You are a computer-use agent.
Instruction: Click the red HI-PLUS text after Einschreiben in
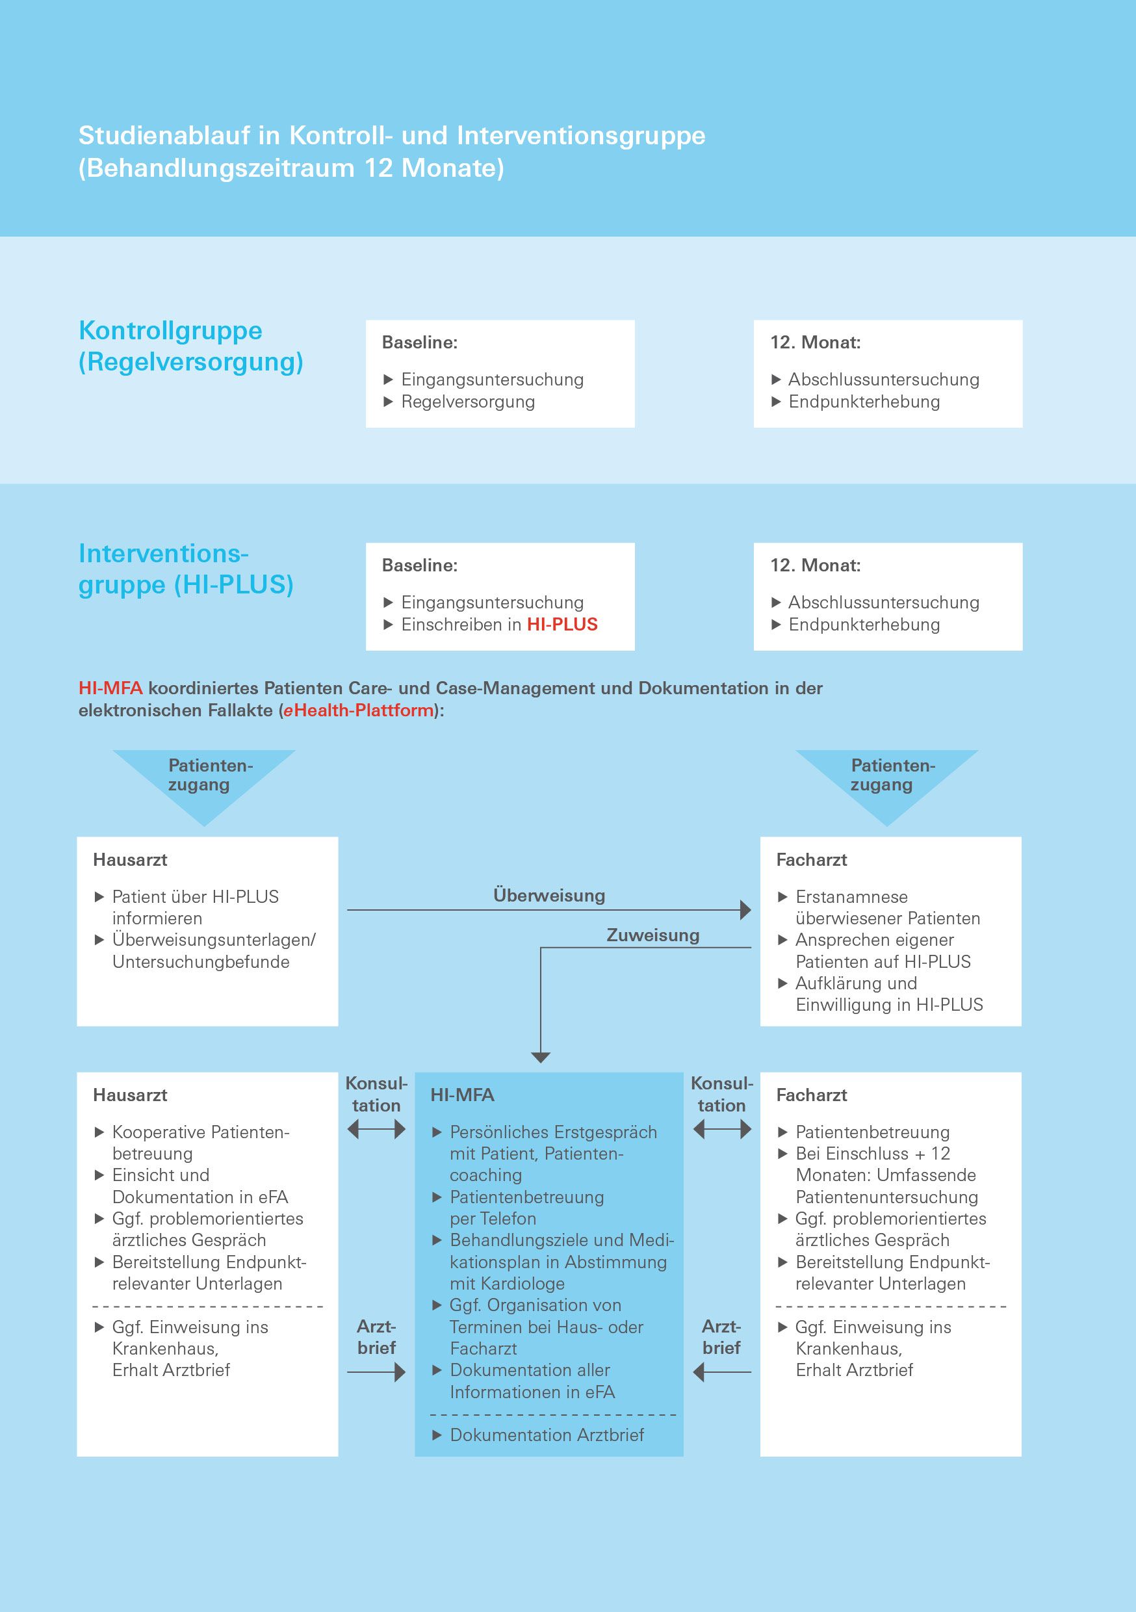tap(562, 624)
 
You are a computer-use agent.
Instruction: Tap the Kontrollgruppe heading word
tap(171, 331)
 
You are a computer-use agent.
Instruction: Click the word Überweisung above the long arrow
tap(549, 895)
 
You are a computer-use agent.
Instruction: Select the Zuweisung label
tap(653, 935)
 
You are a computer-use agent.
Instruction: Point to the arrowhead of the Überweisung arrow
tap(745, 910)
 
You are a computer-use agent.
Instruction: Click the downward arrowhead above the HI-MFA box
tap(541, 1058)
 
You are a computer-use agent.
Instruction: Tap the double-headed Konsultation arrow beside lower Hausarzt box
tap(376, 1130)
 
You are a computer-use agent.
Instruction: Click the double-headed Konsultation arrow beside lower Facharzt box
tap(722, 1130)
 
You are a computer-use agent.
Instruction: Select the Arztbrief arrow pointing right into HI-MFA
tap(376, 1372)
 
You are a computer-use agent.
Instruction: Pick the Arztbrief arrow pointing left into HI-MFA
tap(722, 1372)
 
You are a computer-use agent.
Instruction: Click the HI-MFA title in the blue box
tap(462, 1095)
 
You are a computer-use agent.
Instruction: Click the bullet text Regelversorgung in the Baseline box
tap(468, 402)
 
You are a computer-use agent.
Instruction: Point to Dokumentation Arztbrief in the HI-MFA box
tap(547, 1435)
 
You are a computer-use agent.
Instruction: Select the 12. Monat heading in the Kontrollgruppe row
tap(815, 343)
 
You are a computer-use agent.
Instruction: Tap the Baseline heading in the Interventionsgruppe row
tap(420, 565)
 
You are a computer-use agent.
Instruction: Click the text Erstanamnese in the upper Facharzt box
tap(851, 896)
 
